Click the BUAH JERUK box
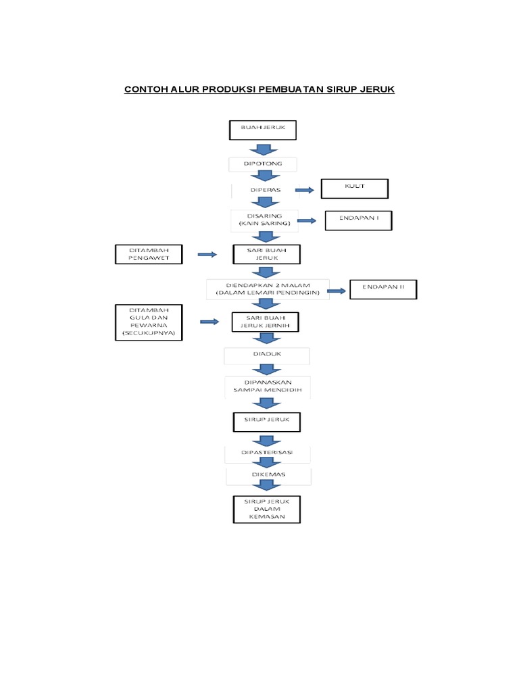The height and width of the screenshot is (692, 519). point(262,130)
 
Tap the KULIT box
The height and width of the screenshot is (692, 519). point(354,189)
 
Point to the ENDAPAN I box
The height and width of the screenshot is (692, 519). point(358,220)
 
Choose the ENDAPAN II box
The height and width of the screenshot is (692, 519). point(383,289)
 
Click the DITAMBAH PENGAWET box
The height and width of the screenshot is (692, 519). point(149,254)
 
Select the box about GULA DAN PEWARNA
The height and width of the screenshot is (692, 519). point(149,322)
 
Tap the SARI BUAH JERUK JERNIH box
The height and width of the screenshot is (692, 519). point(266,322)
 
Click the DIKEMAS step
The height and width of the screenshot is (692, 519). point(268,475)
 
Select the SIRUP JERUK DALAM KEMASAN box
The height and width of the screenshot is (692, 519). point(266,509)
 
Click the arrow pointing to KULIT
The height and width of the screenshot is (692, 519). point(305,191)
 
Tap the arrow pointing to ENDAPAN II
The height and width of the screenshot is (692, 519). point(337,291)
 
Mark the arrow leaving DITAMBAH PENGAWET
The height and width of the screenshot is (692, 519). point(207,254)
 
